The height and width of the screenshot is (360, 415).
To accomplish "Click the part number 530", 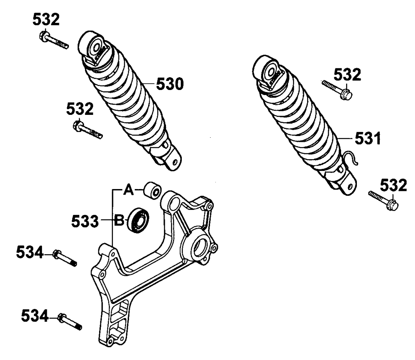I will pyautogui.click(x=169, y=85).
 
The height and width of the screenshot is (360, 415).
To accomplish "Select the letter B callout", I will pyautogui.click(x=120, y=221).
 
